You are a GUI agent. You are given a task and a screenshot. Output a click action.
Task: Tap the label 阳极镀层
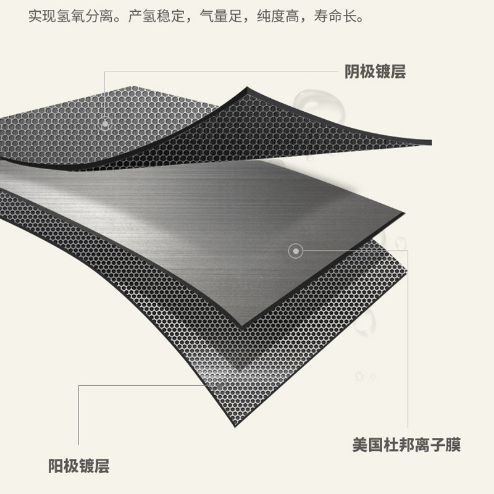click(78, 464)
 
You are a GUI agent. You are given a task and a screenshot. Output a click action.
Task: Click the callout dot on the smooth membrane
click(296, 251)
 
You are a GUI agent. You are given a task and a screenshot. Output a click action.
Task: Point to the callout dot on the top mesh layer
click(105, 124)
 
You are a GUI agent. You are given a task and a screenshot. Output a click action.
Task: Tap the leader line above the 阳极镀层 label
click(79, 420)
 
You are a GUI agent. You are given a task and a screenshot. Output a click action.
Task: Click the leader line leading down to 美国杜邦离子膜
click(408, 340)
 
